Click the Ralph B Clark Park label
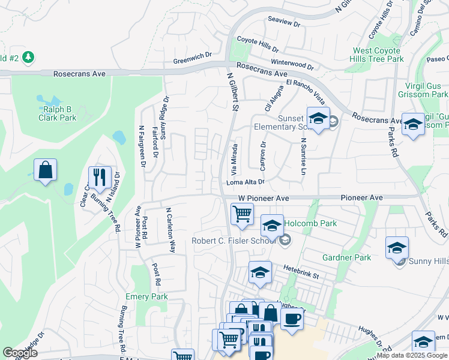point(59,113)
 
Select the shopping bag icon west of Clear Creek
point(45,170)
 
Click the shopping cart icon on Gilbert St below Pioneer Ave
point(242,214)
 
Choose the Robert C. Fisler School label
point(233,241)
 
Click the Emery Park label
point(146,296)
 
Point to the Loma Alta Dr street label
point(245,182)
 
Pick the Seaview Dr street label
point(283,22)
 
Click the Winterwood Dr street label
point(292,63)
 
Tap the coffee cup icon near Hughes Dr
point(292,319)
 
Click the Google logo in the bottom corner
point(20,353)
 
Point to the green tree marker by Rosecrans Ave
point(28,58)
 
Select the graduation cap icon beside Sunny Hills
point(397,248)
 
